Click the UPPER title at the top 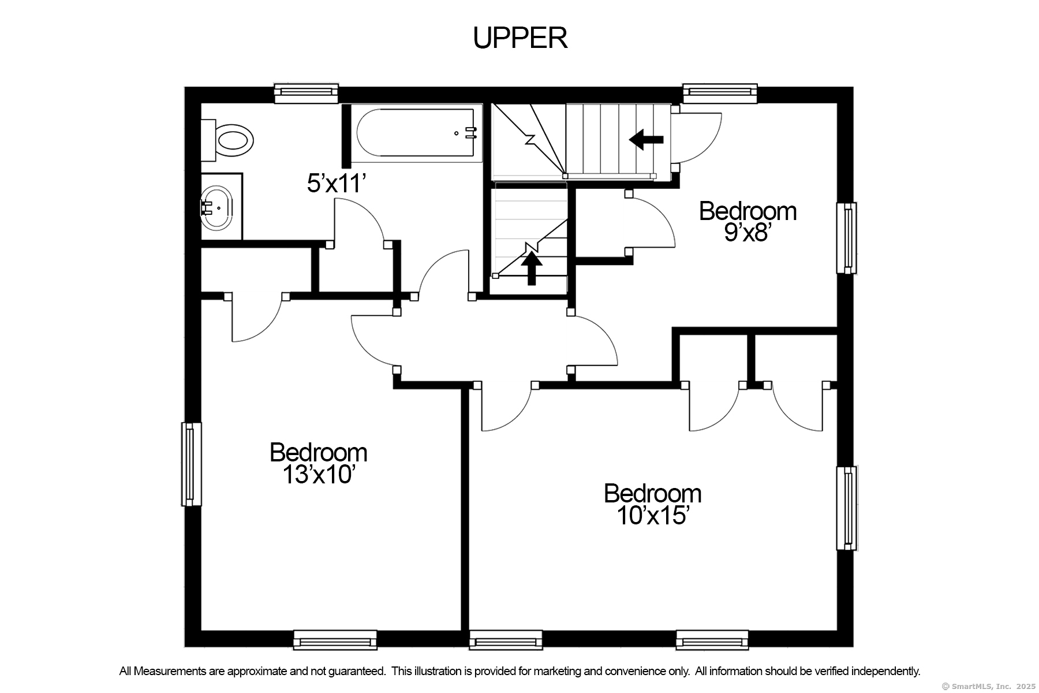(x=520, y=38)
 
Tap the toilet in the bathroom (x=227, y=140)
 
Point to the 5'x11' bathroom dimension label (x=337, y=184)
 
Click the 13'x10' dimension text (x=318, y=475)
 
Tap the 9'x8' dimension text (x=748, y=233)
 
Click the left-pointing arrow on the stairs (x=646, y=139)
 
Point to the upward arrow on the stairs (x=532, y=269)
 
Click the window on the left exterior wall (x=192, y=464)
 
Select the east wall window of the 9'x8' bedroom (x=847, y=238)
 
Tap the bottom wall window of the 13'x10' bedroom (x=335, y=640)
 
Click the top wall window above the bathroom (x=306, y=93)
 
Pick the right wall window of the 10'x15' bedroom (x=847, y=508)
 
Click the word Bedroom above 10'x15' (x=653, y=494)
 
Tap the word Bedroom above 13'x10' (x=318, y=452)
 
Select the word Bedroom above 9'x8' (x=748, y=211)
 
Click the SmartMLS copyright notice (x=988, y=687)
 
